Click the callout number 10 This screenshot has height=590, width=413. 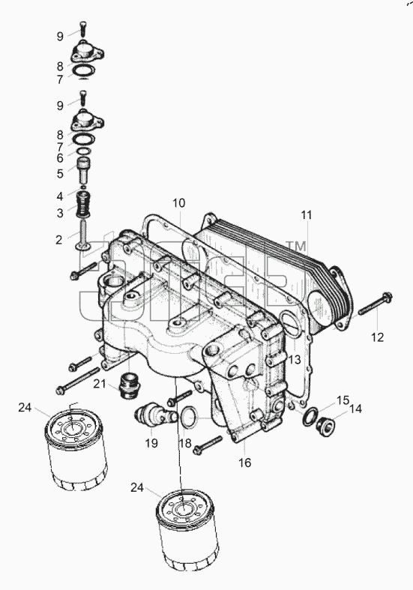tap(179, 203)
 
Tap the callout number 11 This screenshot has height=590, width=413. tap(307, 215)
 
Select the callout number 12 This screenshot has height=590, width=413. tap(377, 337)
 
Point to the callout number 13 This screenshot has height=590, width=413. tap(295, 360)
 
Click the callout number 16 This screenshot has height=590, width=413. tap(244, 463)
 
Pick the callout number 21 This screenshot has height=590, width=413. tap(100, 384)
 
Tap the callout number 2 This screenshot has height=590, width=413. tap(58, 240)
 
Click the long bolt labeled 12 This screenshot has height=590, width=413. tap(375, 304)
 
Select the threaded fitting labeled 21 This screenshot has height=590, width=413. tap(129, 385)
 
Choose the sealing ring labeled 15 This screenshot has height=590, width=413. tap(310, 418)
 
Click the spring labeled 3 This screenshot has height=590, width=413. tap(83, 204)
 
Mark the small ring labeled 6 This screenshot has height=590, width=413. tap(84, 151)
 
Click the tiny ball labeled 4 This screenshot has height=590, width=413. tap(83, 187)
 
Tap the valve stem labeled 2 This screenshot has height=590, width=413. tap(82, 235)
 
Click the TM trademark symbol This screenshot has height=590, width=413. tap(296, 247)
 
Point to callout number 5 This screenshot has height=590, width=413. tap(60, 174)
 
